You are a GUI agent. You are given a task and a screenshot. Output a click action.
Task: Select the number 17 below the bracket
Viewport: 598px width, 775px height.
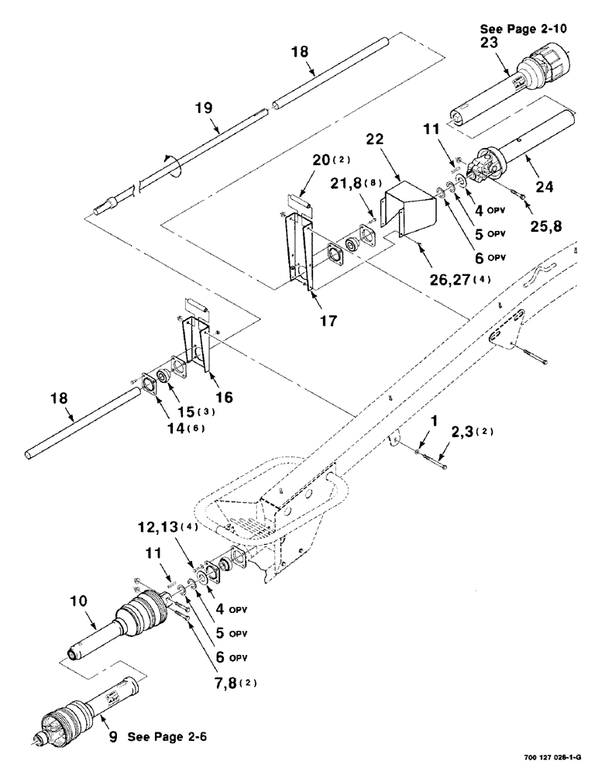pos(307,319)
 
